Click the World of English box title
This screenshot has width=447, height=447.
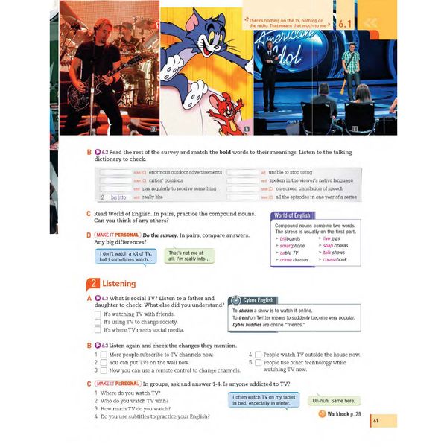(292, 215)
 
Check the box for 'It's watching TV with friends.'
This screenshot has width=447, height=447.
(98, 314)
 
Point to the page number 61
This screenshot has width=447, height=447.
(376, 422)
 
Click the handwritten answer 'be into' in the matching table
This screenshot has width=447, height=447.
(118, 197)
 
